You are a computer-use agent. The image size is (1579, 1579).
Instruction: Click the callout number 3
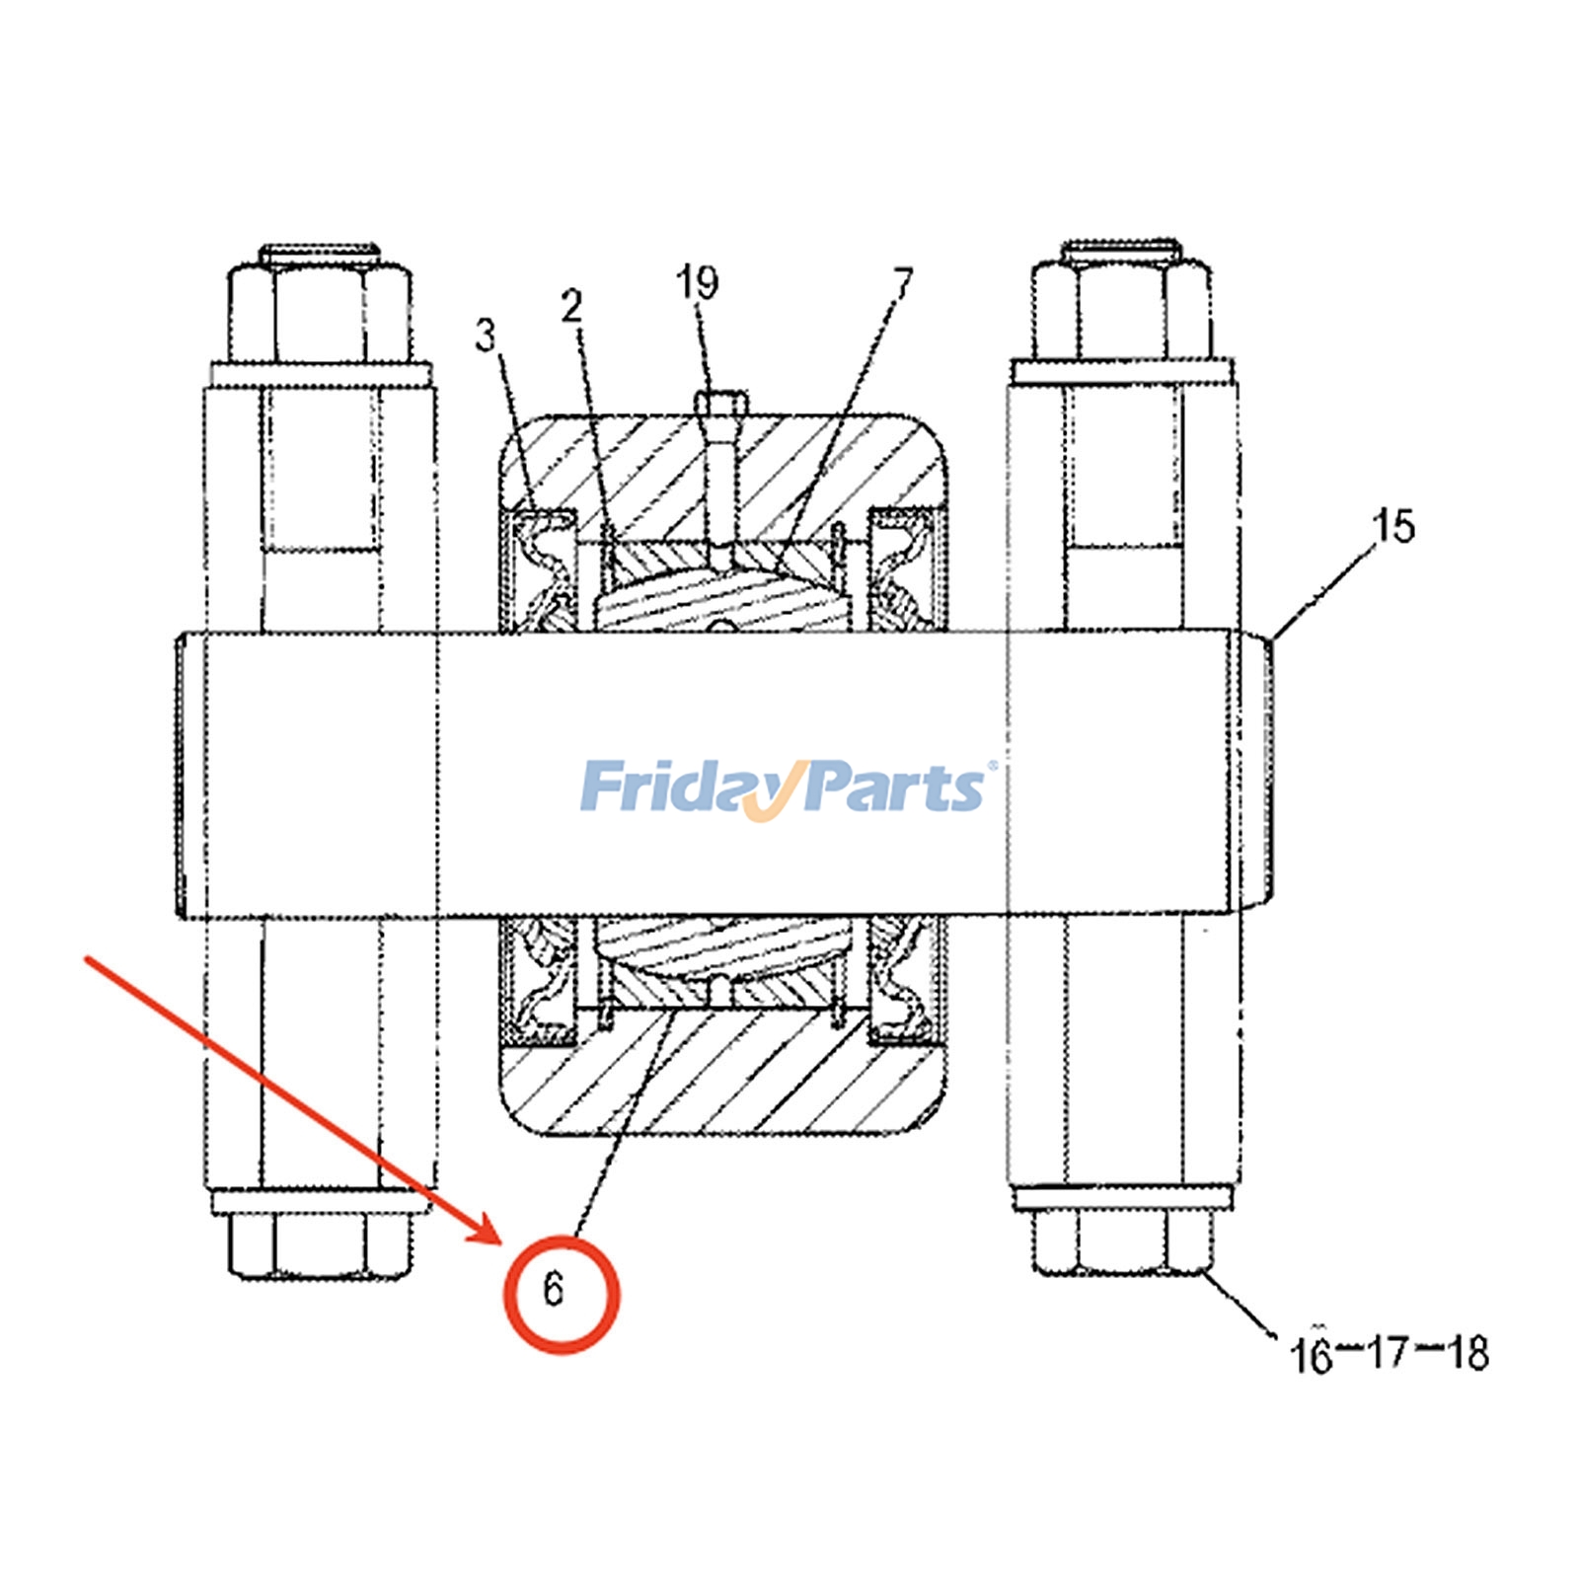tap(485, 336)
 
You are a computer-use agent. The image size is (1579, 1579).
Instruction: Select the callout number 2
tap(572, 308)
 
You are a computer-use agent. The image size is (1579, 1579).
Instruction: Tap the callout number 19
tap(697, 282)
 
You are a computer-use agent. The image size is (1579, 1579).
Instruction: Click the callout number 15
tap(1394, 526)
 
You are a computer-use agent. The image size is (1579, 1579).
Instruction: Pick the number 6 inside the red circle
tap(553, 1289)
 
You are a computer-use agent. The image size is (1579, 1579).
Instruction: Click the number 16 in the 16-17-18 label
tap(1312, 1354)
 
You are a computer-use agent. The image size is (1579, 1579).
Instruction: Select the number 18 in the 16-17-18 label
tap(1466, 1353)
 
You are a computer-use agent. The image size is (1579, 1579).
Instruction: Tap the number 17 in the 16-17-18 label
tap(1389, 1353)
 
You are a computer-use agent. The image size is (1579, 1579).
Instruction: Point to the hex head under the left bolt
tap(321, 1243)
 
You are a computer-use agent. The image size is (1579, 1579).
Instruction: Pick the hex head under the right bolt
tap(1121, 1241)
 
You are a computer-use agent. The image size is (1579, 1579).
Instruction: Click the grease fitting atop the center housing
tap(721, 405)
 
